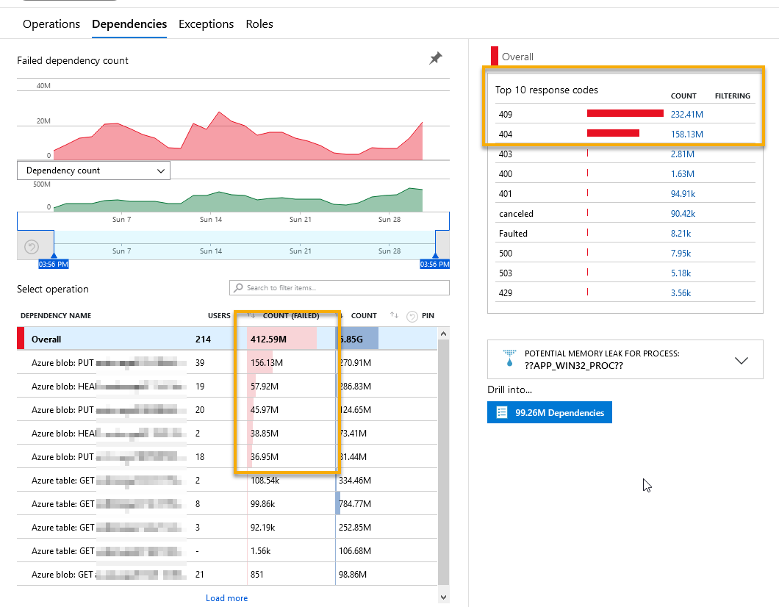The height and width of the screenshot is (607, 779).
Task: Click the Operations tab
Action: tap(51, 24)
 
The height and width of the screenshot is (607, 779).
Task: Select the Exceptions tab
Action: tap(206, 24)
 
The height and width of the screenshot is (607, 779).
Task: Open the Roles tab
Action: tap(259, 24)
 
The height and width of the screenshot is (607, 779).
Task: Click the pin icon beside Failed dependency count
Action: tap(436, 58)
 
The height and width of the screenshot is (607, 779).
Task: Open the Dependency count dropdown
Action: tap(93, 170)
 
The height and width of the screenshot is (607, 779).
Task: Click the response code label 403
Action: tap(505, 154)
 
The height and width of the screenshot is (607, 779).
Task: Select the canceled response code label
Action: tap(516, 214)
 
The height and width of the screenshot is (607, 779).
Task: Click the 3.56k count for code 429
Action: tap(681, 293)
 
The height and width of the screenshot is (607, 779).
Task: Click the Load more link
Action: tap(226, 598)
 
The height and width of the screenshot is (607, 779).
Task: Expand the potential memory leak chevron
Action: tap(742, 360)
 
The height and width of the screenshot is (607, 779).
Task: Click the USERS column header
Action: tap(219, 316)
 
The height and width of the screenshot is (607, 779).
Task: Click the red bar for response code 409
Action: tap(625, 114)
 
